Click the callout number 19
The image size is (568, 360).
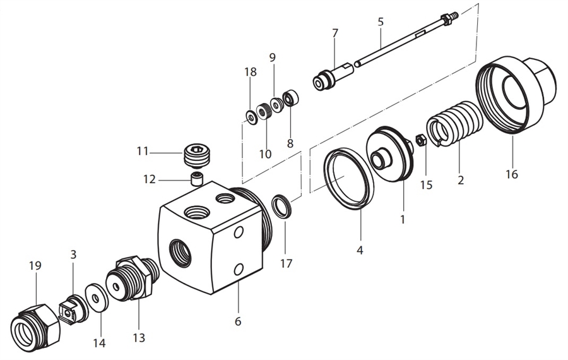tap(35, 265)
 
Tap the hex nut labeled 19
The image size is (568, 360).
tap(36, 324)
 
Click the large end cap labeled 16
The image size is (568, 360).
tap(516, 95)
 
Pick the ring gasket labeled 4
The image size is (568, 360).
tap(348, 177)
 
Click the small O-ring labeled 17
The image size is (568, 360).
tap(282, 207)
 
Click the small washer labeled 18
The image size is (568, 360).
tap(251, 116)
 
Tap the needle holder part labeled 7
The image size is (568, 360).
tap(333, 76)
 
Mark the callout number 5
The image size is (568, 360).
tap(381, 21)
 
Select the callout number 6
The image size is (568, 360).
tap(238, 321)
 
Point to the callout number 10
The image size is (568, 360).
tap(265, 153)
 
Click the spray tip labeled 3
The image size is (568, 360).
tap(71, 309)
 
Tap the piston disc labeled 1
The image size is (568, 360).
tap(389, 155)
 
